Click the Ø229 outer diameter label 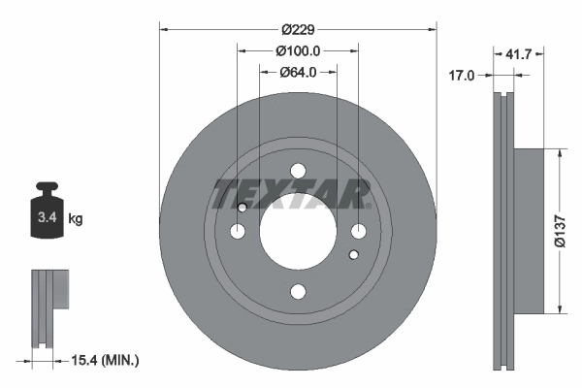coord(298,29)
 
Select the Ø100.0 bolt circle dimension coord(298,50)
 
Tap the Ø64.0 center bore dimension coord(298,72)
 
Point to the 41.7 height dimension coord(519,54)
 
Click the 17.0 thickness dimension coord(462,76)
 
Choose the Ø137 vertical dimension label coord(560,231)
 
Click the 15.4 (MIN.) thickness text coord(105,360)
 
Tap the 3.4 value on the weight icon coord(48,217)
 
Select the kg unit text coord(76,218)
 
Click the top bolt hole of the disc coord(298,171)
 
